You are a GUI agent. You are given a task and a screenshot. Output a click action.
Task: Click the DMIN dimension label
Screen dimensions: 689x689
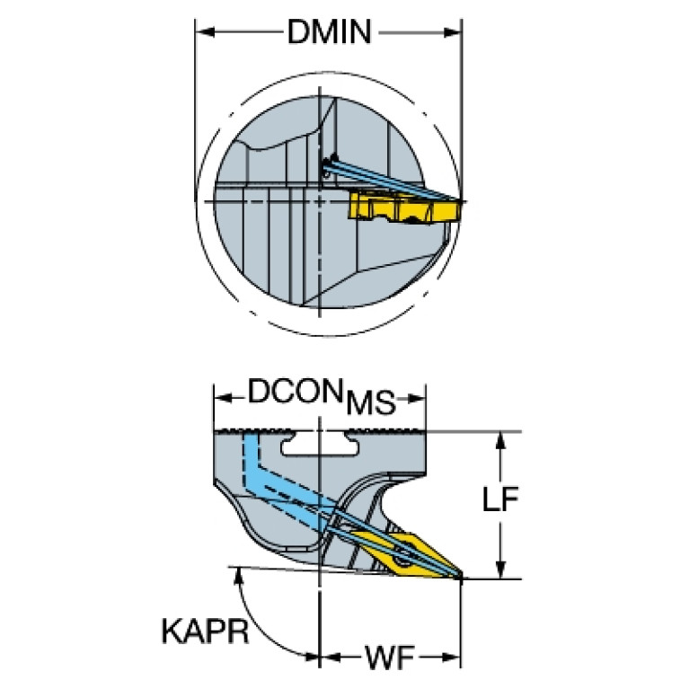[329, 31]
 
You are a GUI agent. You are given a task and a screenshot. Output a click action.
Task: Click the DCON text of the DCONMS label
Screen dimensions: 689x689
[295, 391]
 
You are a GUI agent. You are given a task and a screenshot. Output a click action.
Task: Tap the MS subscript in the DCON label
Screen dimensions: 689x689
[371, 403]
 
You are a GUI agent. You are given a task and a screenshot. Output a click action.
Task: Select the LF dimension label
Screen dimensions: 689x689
[500, 499]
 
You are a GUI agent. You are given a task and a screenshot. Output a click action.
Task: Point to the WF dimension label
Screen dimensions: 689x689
[389, 658]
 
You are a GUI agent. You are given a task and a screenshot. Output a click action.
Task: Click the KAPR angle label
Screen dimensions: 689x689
[205, 631]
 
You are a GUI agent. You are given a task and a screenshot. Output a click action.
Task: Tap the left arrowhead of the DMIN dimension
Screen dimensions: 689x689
[205, 32]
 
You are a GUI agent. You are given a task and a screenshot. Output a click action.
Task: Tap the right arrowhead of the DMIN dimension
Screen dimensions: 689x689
[453, 32]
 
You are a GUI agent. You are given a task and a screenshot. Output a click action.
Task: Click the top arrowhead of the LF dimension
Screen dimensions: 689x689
[499, 441]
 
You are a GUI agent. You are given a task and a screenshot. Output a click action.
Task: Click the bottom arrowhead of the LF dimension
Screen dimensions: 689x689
[499, 569]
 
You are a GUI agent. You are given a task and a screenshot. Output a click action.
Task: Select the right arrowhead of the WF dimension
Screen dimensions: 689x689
[452, 658]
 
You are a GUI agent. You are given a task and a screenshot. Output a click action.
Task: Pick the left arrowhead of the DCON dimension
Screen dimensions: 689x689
[223, 398]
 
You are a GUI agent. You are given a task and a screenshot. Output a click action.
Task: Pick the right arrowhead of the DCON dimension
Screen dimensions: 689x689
[416, 398]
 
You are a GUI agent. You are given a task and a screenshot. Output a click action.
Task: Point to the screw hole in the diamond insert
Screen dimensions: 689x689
[400, 561]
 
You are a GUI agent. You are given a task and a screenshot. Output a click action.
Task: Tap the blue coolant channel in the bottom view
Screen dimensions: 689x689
[281, 483]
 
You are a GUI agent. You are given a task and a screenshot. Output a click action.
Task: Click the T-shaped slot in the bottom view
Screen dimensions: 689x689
[320, 444]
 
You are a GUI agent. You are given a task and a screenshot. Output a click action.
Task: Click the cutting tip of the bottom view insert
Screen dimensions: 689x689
[461, 577]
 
